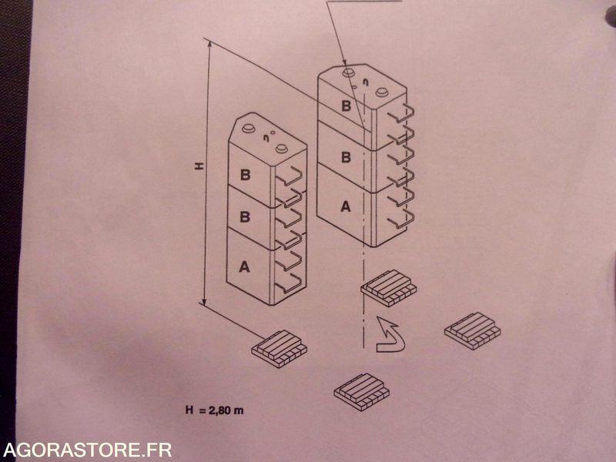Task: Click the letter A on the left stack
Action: [244, 266]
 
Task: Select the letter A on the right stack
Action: [345, 206]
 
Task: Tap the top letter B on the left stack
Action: [245, 175]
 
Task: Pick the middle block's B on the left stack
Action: [245, 217]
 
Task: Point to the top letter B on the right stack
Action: [346, 106]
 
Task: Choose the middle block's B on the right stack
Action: [346, 157]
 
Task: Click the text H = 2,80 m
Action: [215, 410]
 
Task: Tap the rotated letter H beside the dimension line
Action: [199, 166]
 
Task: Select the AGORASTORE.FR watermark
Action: [87, 450]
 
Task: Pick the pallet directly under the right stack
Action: [389, 288]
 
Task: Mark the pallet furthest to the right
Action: [473, 331]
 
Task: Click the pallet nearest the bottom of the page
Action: [361, 392]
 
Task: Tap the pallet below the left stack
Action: [280, 349]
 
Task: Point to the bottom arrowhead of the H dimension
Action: [204, 301]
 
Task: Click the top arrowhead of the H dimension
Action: [209, 45]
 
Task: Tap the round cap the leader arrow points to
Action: [349, 72]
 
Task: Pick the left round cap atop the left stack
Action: [248, 128]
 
